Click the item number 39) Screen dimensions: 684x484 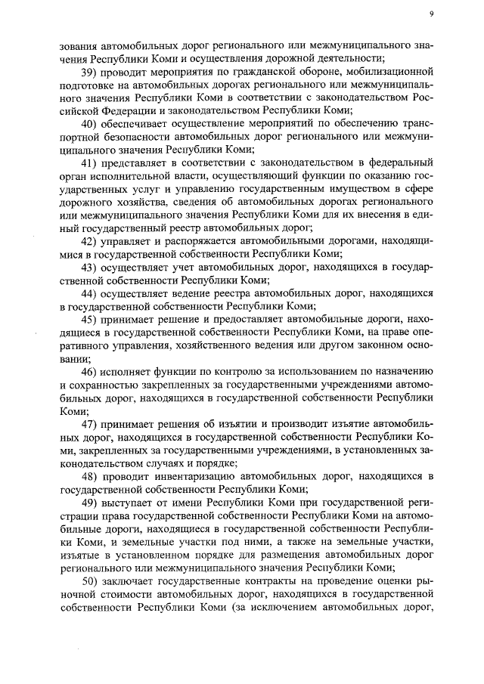click(90, 72)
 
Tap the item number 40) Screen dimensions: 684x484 click(90, 124)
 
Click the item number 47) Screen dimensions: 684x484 click(90, 424)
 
